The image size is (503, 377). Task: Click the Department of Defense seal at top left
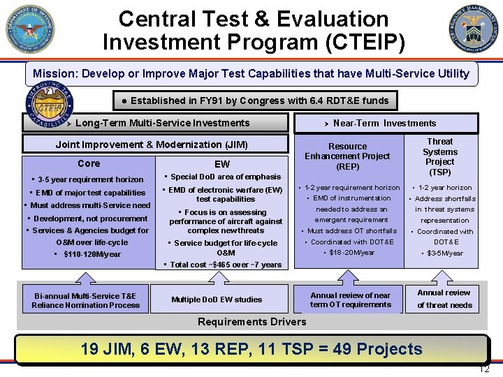click(x=30, y=29)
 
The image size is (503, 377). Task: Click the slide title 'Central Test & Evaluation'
click(x=253, y=18)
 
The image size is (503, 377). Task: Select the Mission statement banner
click(x=251, y=73)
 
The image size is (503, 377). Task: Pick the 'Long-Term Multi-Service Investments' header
click(x=162, y=123)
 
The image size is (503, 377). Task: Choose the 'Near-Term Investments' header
click(x=384, y=124)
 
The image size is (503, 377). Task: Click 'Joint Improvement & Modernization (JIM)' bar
click(x=152, y=145)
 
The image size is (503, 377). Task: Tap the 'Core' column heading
click(x=89, y=163)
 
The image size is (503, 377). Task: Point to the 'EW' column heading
click(x=222, y=164)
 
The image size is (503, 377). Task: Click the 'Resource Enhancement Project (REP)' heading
click(x=347, y=156)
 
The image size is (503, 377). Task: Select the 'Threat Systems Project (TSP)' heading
click(x=440, y=156)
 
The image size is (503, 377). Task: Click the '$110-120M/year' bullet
click(x=87, y=254)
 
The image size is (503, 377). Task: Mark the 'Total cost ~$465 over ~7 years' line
click(x=223, y=265)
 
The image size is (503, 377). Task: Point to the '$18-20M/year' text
click(x=351, y=252)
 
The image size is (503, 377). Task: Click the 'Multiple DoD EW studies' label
click(x=217, y=300)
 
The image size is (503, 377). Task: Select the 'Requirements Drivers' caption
click(x=251, y=322)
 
